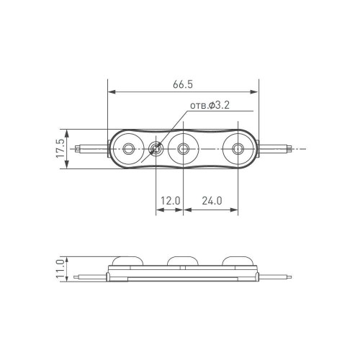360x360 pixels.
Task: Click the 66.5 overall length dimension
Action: [184, 84]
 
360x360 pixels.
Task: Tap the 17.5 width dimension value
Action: [60, 149]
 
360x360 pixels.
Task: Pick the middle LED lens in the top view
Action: [184, 150]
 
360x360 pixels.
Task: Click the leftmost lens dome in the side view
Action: [127, 261]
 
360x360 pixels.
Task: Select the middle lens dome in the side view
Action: [182, 261]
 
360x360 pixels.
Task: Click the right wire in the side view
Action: [276, 275]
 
